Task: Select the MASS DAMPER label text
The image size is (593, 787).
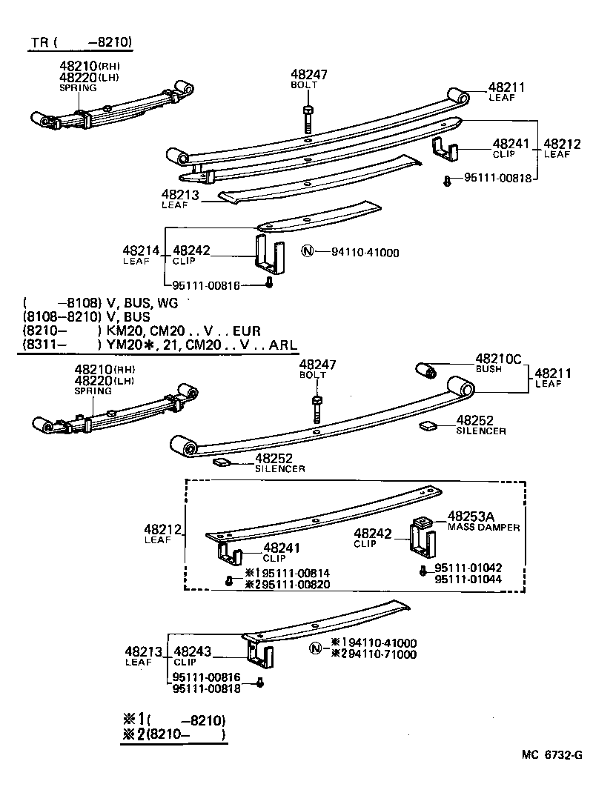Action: (x=483, y=527)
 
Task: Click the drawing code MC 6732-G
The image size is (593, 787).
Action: (x=551, y=755)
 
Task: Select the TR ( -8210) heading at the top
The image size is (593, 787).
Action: (x=82, y=43)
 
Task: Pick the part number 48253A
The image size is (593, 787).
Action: (x=474, y=516)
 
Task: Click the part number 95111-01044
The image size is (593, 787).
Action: (x=468, y=579)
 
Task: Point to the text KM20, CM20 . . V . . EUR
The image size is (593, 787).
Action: (x=179, y=331)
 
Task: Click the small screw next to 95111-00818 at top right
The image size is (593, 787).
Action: (x=447, y=180)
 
